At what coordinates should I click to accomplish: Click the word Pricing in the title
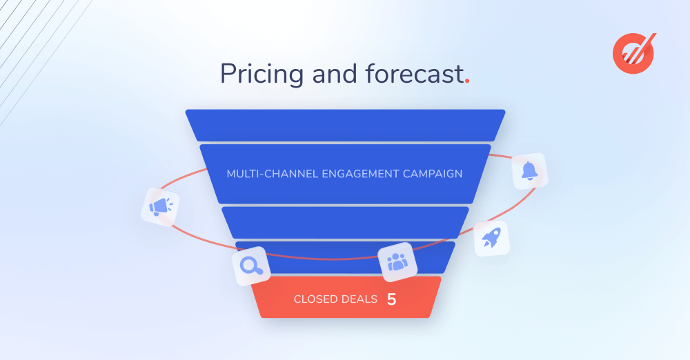pos(262,74)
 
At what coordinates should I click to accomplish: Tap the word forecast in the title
pos(414,74)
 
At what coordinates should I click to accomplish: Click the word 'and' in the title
pos(335,73)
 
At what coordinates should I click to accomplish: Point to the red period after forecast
pos(467,81)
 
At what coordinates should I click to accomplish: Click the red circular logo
pos(633,53)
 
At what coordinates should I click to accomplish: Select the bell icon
pos(529,171)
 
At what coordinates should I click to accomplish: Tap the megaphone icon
pos(160,207)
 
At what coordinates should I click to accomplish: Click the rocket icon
pos(491,238)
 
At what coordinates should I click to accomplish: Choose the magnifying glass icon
pos(251,266)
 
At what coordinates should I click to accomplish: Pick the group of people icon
pos(397,262)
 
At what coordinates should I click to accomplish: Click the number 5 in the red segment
pos(392,299)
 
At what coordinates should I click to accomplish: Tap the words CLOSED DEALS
pos(336,299)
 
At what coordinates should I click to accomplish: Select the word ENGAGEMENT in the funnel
pos(360,174)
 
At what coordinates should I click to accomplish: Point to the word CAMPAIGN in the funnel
pos(433,174)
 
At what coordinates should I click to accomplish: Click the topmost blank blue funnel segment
pos(346,126)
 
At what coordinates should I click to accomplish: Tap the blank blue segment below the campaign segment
pos(346,223)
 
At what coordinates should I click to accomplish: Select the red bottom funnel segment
pos(346,297)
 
